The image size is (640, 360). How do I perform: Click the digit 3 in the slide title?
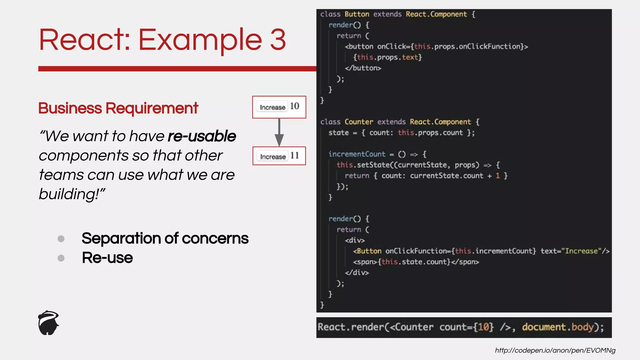pos(278,40)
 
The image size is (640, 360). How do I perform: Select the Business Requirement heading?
pos(118,108)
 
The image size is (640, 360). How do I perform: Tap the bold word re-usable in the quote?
pos(202,136)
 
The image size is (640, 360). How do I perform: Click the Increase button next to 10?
pos(272,107)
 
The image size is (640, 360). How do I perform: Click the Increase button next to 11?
pos(272,156)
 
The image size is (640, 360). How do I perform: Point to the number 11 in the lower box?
pos(294,156)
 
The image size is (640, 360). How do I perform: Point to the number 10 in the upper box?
pos(294,106)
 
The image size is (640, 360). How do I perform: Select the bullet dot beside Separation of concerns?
pos(61,239)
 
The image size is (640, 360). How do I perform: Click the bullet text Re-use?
pos(107,258)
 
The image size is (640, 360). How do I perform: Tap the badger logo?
pos(48,323)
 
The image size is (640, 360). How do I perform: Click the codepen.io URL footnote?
pos(555,350)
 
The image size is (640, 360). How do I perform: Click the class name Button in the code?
pos(357,14)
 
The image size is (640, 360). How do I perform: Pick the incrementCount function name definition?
pos(357,154)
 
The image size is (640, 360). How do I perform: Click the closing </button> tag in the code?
pos(363,68)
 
